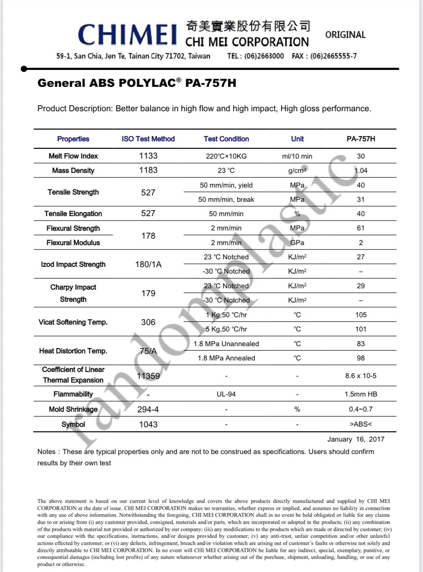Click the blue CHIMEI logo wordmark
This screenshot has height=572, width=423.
(127, 35)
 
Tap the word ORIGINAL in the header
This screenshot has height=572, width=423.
(345, 35)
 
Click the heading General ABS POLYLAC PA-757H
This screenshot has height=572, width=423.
(137, 83)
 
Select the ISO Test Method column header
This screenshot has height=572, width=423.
(148, 139)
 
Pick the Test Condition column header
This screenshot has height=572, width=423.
(226, 139)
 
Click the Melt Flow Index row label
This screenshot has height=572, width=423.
(73, 156)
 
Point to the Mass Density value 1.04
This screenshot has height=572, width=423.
(361, 170)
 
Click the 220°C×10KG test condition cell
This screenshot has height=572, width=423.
(226, 156)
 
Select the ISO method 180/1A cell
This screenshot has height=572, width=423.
(148, 264)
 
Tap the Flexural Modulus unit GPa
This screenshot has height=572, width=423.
(297, 242)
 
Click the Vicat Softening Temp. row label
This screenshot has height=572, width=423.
(73, 322)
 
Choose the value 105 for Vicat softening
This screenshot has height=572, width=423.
(361, 315)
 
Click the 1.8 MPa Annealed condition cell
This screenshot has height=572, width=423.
(226, 358)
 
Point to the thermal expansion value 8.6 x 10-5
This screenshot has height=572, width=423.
(361, 375)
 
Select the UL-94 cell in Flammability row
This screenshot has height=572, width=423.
(226, 394)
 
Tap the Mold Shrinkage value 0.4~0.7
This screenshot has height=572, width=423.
(361, 409)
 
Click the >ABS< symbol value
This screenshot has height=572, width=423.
(361, 424)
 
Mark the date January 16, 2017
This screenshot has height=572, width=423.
(356, 439)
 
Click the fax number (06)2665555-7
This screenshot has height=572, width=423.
(334, 56)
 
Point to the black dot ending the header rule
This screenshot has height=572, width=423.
(24, 69)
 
